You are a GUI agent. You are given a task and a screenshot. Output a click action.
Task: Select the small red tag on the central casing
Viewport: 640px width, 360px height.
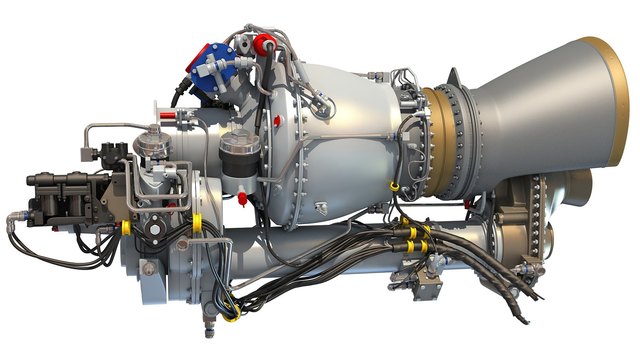point(323,208)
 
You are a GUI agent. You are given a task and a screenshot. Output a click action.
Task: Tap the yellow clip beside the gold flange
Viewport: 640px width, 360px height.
point(395,186)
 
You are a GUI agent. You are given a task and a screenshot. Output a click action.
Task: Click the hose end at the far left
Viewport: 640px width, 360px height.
point(11,218)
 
